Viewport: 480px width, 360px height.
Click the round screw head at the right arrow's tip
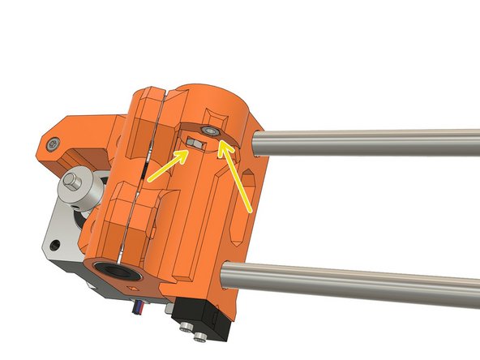click(212, 130)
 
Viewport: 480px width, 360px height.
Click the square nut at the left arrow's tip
click(193, 143)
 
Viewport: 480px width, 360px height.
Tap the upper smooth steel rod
click(365, 143)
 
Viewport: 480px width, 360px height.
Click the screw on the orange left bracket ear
click(53, 145)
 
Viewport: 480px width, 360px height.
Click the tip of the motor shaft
click(71, 177)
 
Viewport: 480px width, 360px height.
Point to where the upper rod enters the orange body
click(258, 145)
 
